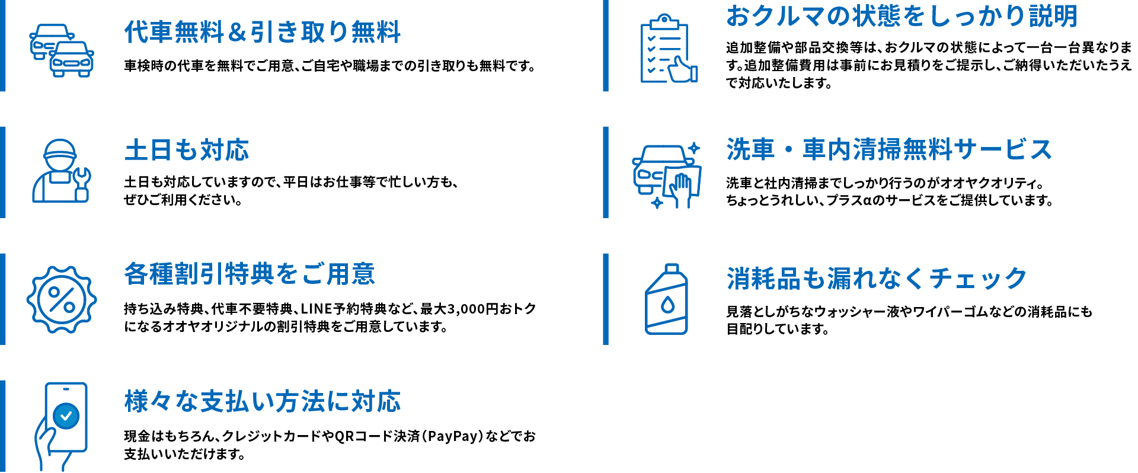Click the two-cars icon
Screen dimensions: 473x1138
tap(62, 50)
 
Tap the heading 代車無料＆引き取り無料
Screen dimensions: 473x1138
tap(263, 32)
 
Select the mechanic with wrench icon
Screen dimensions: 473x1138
tap(61, 171)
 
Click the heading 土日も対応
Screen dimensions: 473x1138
tap(187, 150)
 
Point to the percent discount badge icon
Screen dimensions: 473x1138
tap(62, 299)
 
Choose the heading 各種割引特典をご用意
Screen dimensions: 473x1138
tap(250, 274)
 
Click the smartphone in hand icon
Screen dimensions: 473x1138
tap(62, 426)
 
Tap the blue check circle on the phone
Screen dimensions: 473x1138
tap(66, 416)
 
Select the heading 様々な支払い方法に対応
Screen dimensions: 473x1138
tap(263, 401)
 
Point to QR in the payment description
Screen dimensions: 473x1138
tap(344, 437)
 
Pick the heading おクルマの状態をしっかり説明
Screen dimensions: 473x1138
tap(902, 16)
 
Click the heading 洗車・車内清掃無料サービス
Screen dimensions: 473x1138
tap(889, 149)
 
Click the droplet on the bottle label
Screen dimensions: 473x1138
tap(668, 305)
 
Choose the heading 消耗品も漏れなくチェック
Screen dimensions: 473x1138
tap(877, 278)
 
